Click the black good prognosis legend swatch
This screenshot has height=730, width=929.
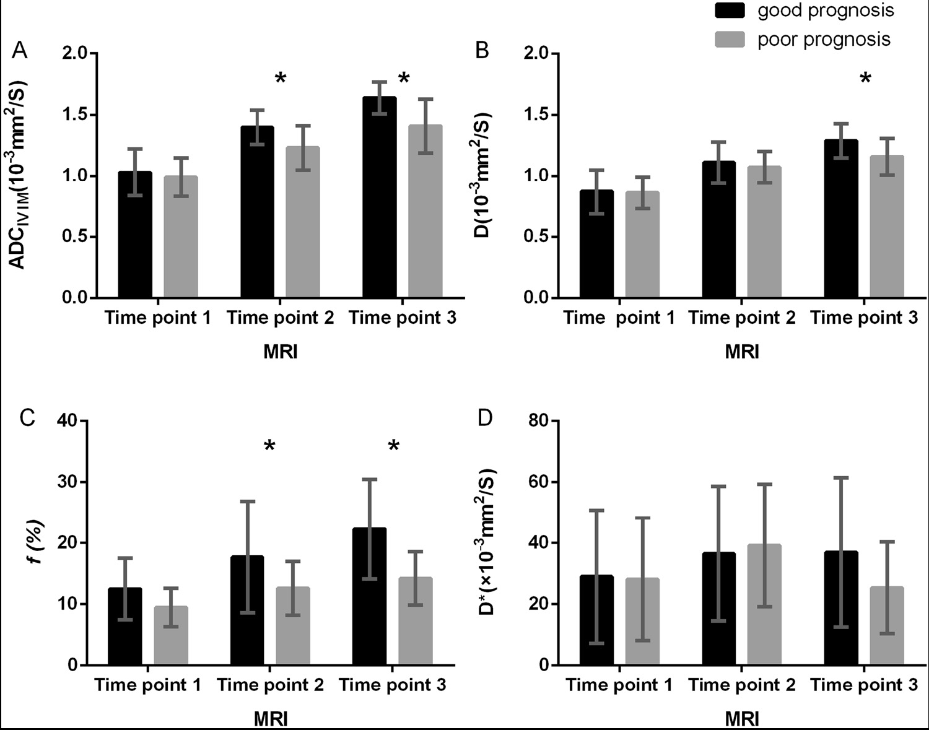[733, 11]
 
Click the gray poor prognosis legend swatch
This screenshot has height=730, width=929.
[733, 39]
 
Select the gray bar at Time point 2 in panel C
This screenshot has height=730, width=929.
[293, 626]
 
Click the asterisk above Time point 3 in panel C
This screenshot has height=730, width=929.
[394, 446]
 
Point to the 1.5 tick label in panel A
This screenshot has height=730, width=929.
[74, 115]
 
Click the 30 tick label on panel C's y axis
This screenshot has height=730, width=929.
[68, 482]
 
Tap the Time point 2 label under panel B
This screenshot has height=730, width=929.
[742, 318]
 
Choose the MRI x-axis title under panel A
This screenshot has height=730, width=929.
[281, 352]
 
